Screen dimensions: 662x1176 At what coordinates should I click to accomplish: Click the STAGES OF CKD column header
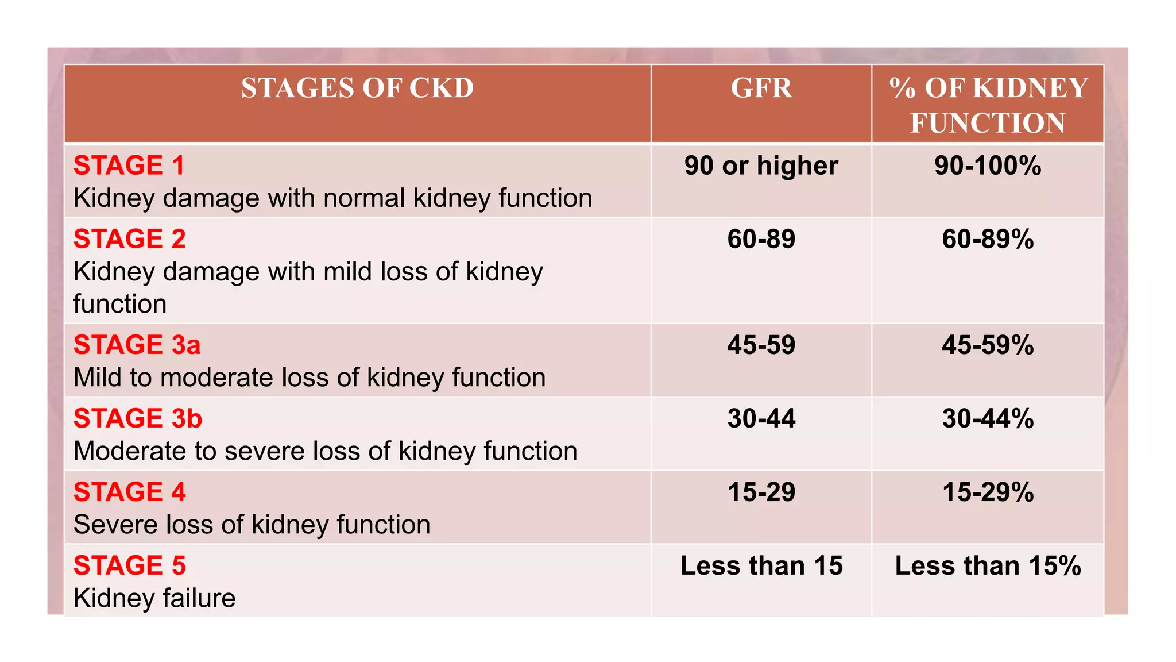(x=357, y=88)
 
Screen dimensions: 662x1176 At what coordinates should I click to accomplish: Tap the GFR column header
(x=761, y=88)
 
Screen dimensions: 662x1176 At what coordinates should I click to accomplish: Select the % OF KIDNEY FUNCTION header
(x=988, y=105)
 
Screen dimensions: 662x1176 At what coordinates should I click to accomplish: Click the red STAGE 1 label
(x=129, y=165)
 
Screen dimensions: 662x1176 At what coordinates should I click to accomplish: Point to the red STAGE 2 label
(x=130, y=239)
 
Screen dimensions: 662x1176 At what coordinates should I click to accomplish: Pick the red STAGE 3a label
(x=137, y=345)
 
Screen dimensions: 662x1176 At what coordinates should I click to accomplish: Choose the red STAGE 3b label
(x=138, y=418)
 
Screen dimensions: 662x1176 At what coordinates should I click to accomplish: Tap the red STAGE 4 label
(x=130, y=492)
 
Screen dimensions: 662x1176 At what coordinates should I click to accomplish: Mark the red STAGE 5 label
(x=130, y=565)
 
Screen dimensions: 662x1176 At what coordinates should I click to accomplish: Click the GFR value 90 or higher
(x=761, y=165)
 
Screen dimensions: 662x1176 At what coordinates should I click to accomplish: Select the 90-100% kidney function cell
(x=988, y=165)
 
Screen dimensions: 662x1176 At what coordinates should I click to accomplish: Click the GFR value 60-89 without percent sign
(x=761, y=239)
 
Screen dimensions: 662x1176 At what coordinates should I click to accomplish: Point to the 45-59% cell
(x=988, y=345)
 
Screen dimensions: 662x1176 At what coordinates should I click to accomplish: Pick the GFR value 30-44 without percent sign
(x=761, y=418)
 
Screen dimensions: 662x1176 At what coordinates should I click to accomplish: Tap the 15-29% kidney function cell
(x=988, y=492)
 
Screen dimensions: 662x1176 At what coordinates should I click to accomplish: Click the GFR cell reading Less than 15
(x=761, y=565)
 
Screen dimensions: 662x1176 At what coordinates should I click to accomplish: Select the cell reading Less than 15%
(x=988, y=565)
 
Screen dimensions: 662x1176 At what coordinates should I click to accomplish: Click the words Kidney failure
(x=154, y=598)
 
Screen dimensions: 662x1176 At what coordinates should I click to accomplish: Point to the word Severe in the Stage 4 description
(x=113, y=525)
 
